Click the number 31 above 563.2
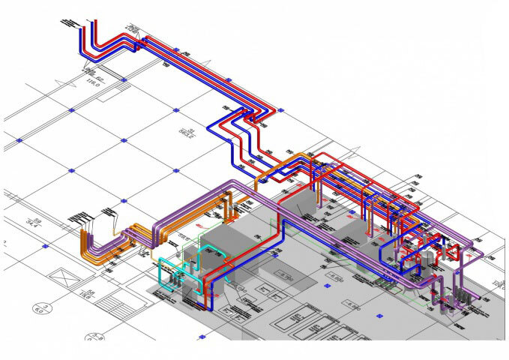[178, 130]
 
